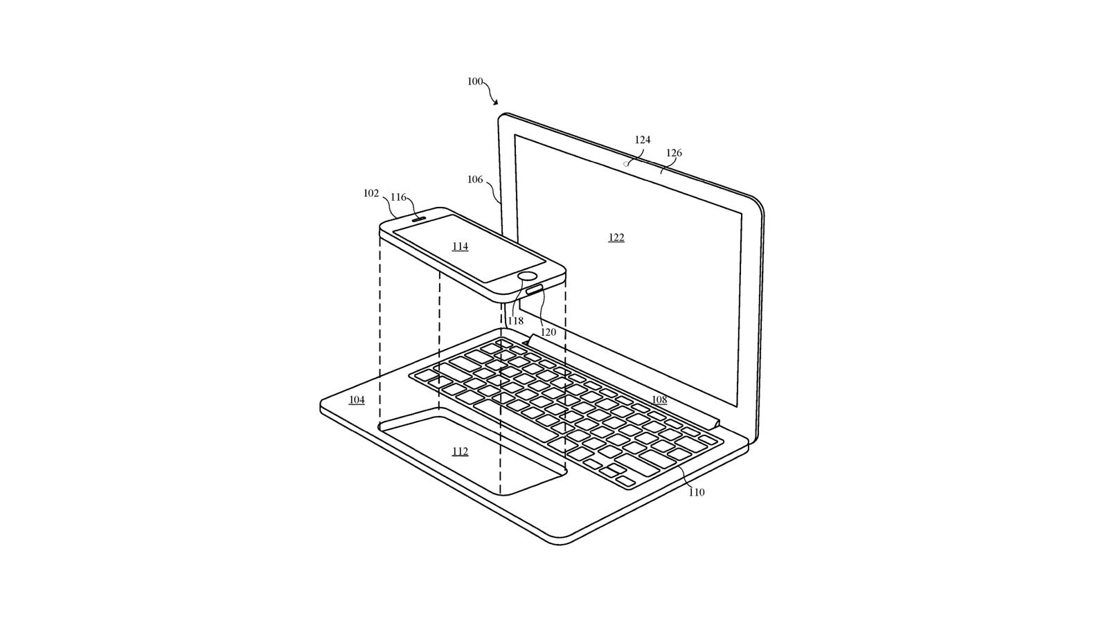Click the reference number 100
click(475, 82)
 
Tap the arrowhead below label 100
click(495, 102)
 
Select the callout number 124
click(643, 140)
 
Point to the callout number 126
click(674, 153)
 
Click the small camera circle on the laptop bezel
click(626, 163)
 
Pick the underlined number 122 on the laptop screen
click(616, 238)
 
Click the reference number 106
click(475, 179)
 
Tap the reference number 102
click(371, 193)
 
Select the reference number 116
click(398, 198)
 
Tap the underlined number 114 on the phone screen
click(460, 246)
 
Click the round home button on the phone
click(528, 276)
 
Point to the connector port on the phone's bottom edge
click(534, 290)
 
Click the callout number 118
click(515, 321)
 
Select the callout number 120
click(548, 333)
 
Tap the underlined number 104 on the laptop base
click(357, 400)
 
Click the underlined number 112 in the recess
click(460, 452)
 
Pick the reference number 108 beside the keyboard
click(659, 400)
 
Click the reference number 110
click(697, 492)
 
